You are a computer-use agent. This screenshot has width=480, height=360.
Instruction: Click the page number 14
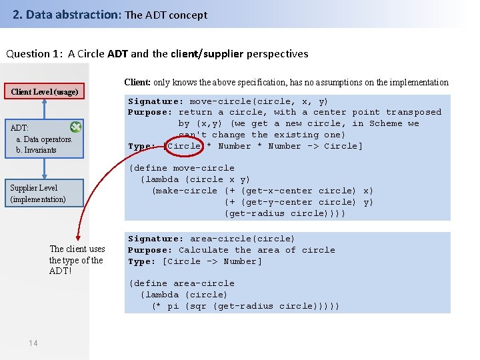tap(33, 343)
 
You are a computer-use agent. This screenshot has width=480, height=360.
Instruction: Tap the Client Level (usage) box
tap(44, 92)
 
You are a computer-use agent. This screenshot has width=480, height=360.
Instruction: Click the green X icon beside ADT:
tap(76, 127)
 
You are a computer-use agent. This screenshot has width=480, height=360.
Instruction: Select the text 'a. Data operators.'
tap(44, 139)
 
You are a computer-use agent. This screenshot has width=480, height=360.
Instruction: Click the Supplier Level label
tap(34, 188)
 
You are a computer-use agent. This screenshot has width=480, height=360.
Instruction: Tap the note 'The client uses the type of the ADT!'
tap(77, 260)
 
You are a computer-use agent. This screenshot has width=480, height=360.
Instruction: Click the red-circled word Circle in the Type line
tap(184, 146)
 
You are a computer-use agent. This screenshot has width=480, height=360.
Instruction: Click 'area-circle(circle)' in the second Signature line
tap(242, 239)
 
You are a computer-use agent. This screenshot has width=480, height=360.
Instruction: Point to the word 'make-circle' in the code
tap(185, 191)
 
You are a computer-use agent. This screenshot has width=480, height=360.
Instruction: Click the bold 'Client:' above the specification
tap(137, 83)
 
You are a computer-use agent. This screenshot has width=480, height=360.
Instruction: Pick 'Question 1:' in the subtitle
tap(33, 53)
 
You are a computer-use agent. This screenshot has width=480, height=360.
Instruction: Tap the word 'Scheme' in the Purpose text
tap(386, 123)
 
